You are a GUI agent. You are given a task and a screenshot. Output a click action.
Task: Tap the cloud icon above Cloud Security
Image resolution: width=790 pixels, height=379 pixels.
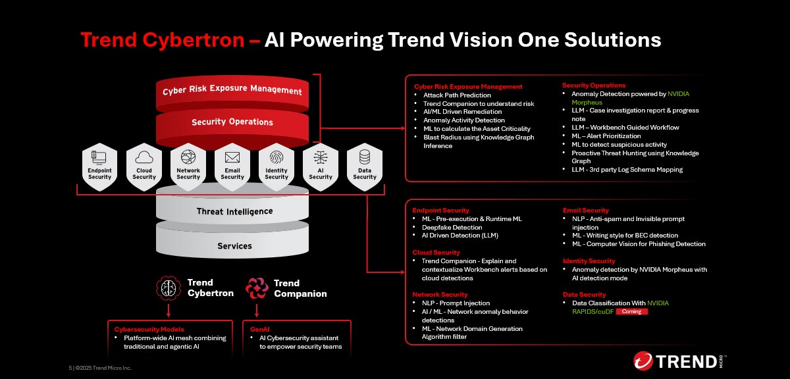(144, 157)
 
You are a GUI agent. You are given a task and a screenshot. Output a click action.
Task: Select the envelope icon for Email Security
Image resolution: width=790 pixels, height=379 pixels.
(232, 157)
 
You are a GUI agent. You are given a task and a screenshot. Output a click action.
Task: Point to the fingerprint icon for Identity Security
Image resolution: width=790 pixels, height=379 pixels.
(276, 157)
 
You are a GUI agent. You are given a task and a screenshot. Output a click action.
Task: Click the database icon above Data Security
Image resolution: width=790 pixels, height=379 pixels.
(365, 157)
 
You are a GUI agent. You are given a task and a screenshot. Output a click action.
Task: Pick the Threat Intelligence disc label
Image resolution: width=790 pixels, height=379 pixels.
(234, 211)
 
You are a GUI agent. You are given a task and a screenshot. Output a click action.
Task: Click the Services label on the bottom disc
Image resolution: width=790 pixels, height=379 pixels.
(234, 245)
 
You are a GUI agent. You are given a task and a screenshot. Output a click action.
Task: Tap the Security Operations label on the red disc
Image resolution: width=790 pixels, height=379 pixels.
(232, 122)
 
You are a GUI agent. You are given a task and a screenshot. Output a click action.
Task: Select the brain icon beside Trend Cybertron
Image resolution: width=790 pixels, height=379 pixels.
(169, 288)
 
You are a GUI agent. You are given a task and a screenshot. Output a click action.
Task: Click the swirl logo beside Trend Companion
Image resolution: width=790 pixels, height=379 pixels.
(257, 288)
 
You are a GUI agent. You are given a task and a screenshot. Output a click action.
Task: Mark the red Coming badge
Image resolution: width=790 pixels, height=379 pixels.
(631, 312)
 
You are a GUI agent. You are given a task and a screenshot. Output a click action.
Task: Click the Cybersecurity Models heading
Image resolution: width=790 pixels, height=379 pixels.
(149, 329)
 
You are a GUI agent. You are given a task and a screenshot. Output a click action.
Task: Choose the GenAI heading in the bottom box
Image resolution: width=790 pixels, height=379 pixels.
(259, 329)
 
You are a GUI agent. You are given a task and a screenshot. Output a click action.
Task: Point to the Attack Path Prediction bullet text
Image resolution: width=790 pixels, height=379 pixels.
(457, 95)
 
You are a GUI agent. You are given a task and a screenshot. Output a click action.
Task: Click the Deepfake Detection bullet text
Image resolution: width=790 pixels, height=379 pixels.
(452, 228)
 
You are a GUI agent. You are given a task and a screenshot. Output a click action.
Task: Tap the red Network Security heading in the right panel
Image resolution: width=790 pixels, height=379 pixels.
(440, 294)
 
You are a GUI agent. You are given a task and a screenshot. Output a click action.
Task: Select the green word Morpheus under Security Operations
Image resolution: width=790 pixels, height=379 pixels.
(587, 102)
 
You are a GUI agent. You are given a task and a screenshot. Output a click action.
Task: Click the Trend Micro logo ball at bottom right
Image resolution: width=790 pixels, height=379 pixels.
(643, 361)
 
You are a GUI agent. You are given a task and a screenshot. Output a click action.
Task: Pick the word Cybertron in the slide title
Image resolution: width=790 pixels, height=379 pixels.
(194, 39)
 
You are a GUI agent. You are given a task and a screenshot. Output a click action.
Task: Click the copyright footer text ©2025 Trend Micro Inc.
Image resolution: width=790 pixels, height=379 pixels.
(103, 368)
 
